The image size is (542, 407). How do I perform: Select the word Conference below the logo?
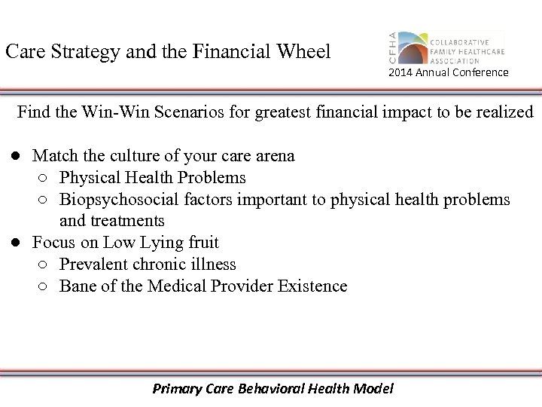point(481,72)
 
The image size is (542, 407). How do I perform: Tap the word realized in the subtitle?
point(506,113)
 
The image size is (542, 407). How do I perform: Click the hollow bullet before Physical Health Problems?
point(42,179)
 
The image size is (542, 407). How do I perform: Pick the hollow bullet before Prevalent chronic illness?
point(42,265)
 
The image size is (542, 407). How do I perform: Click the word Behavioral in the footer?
point(270,390)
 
